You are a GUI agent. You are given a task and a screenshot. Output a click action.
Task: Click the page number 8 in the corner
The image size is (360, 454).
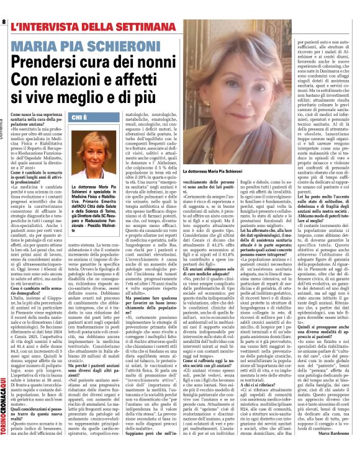(4, 22)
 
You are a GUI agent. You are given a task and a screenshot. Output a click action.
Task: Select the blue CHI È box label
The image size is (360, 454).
(80, 117)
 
